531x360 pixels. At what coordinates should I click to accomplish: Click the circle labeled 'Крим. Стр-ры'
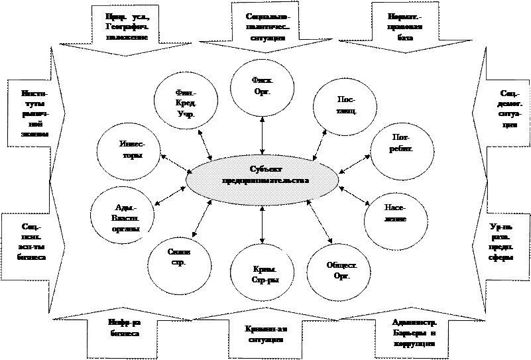pos(261,274)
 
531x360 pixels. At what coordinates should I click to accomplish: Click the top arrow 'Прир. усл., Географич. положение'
pos(125,27)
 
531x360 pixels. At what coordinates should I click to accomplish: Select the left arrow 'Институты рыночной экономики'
pos(30,113)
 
